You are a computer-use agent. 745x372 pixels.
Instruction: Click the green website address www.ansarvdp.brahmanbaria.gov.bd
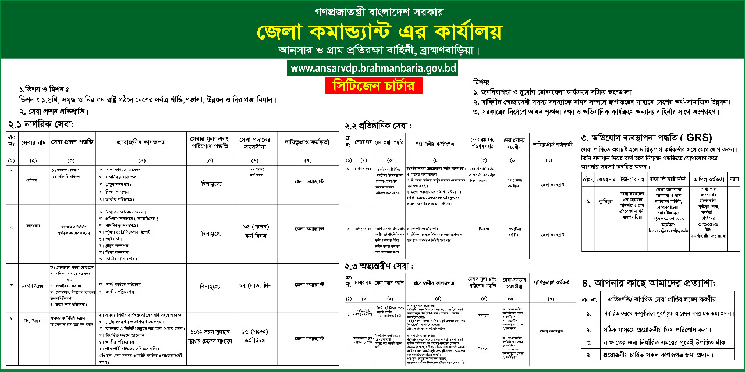coord(372,69)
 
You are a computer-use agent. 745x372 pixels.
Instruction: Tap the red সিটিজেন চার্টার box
coord(372,86)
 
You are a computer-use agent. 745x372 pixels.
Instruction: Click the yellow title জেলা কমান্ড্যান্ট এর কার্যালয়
coord(372,31)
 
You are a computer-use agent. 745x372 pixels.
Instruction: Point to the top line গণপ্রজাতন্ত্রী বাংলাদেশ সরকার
coord(372,10)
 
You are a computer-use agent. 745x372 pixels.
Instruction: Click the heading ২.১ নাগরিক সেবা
coord(42,124)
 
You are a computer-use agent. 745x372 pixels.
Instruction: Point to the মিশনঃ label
coord(483,81)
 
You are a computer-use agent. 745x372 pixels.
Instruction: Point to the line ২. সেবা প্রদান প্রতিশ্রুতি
coord(50,110)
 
